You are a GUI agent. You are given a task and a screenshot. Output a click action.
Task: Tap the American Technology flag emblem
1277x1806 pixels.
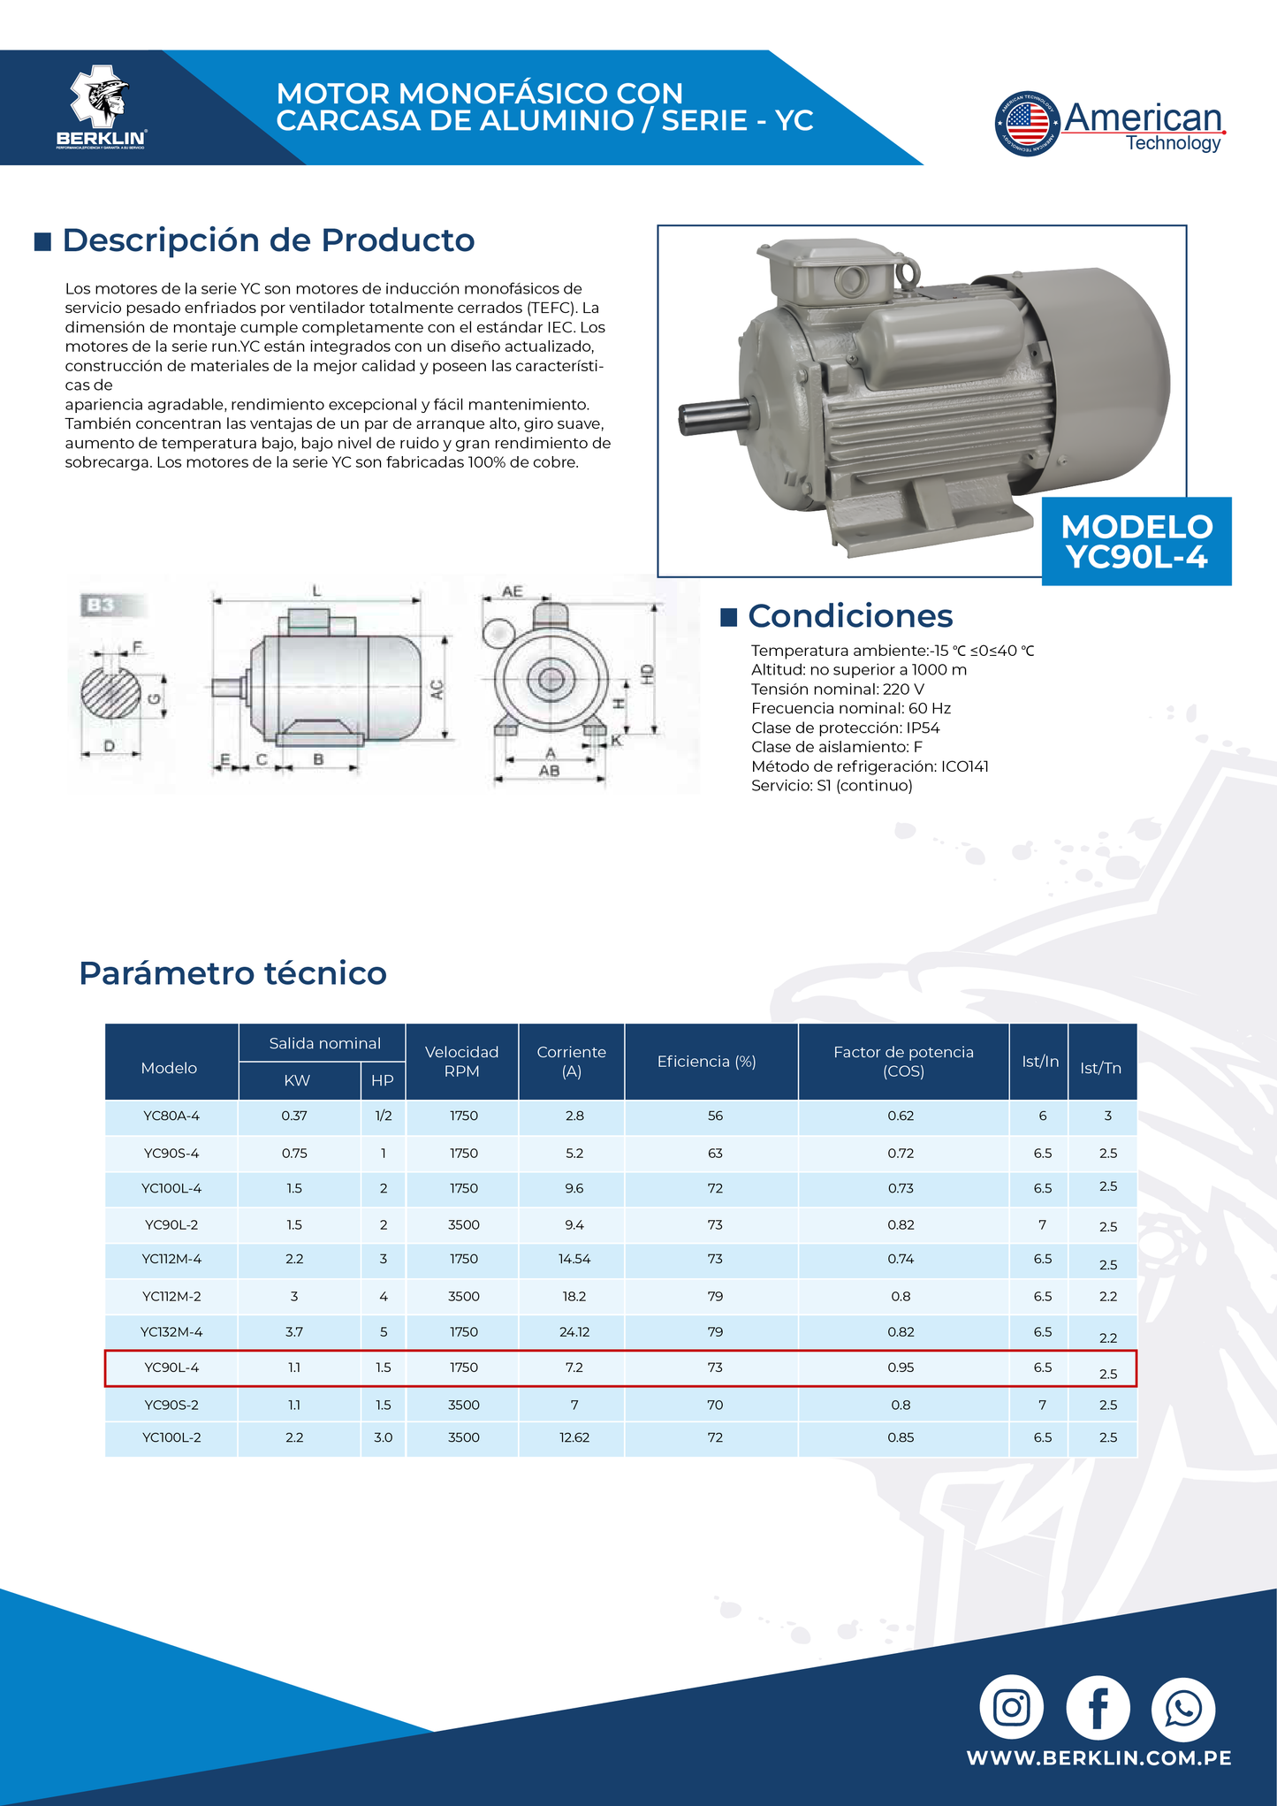pyautogui.click(x=1027, y=124)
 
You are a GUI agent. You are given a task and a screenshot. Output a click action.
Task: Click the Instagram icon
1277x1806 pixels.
pyautogui.click(x=1011, y=1707)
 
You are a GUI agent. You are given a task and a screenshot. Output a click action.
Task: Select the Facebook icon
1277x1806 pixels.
pyautogui.click(x=1098, y=1707)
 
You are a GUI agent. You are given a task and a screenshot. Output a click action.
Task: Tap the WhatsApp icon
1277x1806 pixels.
pyautogui.click(x=1183, y=1707)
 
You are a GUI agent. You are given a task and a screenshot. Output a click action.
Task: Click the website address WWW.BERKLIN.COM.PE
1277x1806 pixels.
pyautogui.click(x=1098, y=1757)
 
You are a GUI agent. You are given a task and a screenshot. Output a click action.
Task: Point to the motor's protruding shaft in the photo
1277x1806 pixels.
pyautogui.click(x=714, y=417)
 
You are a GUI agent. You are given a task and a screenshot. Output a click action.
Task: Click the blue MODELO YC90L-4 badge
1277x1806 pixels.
pyautogui.click(x=1136, y=541)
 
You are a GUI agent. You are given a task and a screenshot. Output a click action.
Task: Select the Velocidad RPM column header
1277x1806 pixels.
pyautogui.click(x=461, y=1061)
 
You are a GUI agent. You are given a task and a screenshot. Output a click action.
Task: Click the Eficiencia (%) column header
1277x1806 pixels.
pyautogui.click(x=706, y=1061)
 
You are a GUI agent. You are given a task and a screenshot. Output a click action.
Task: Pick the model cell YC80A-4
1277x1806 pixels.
pyautogui.click(x=171, y=1116)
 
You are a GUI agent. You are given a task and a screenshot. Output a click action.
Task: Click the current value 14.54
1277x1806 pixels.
pyautogui.click(x=574, y=1259)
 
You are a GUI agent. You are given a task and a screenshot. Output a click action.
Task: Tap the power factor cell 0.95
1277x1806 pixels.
pyautogui.click(x=901, y=1368)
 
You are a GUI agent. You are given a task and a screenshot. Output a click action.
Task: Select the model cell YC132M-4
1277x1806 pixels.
pyautogui.click(x=171, y=1332)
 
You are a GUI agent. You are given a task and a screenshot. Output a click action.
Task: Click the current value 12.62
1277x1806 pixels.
pyautogui.click(x=574, y=1437)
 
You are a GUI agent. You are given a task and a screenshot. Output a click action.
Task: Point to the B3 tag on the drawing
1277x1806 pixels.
pyautogui.click(x=100, y=605)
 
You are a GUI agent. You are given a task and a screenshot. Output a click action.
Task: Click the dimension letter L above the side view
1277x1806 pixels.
pyautogui.click(x=316, y=590)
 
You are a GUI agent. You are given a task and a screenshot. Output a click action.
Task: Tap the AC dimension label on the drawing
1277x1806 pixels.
pyautogui.click(x=436, y=690)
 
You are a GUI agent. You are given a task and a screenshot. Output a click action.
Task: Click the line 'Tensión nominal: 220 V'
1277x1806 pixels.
pyautogui.click(x=837, y=689)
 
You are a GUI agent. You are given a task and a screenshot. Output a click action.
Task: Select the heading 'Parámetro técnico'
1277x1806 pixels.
pyautogui.click(x=232, y=973)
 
